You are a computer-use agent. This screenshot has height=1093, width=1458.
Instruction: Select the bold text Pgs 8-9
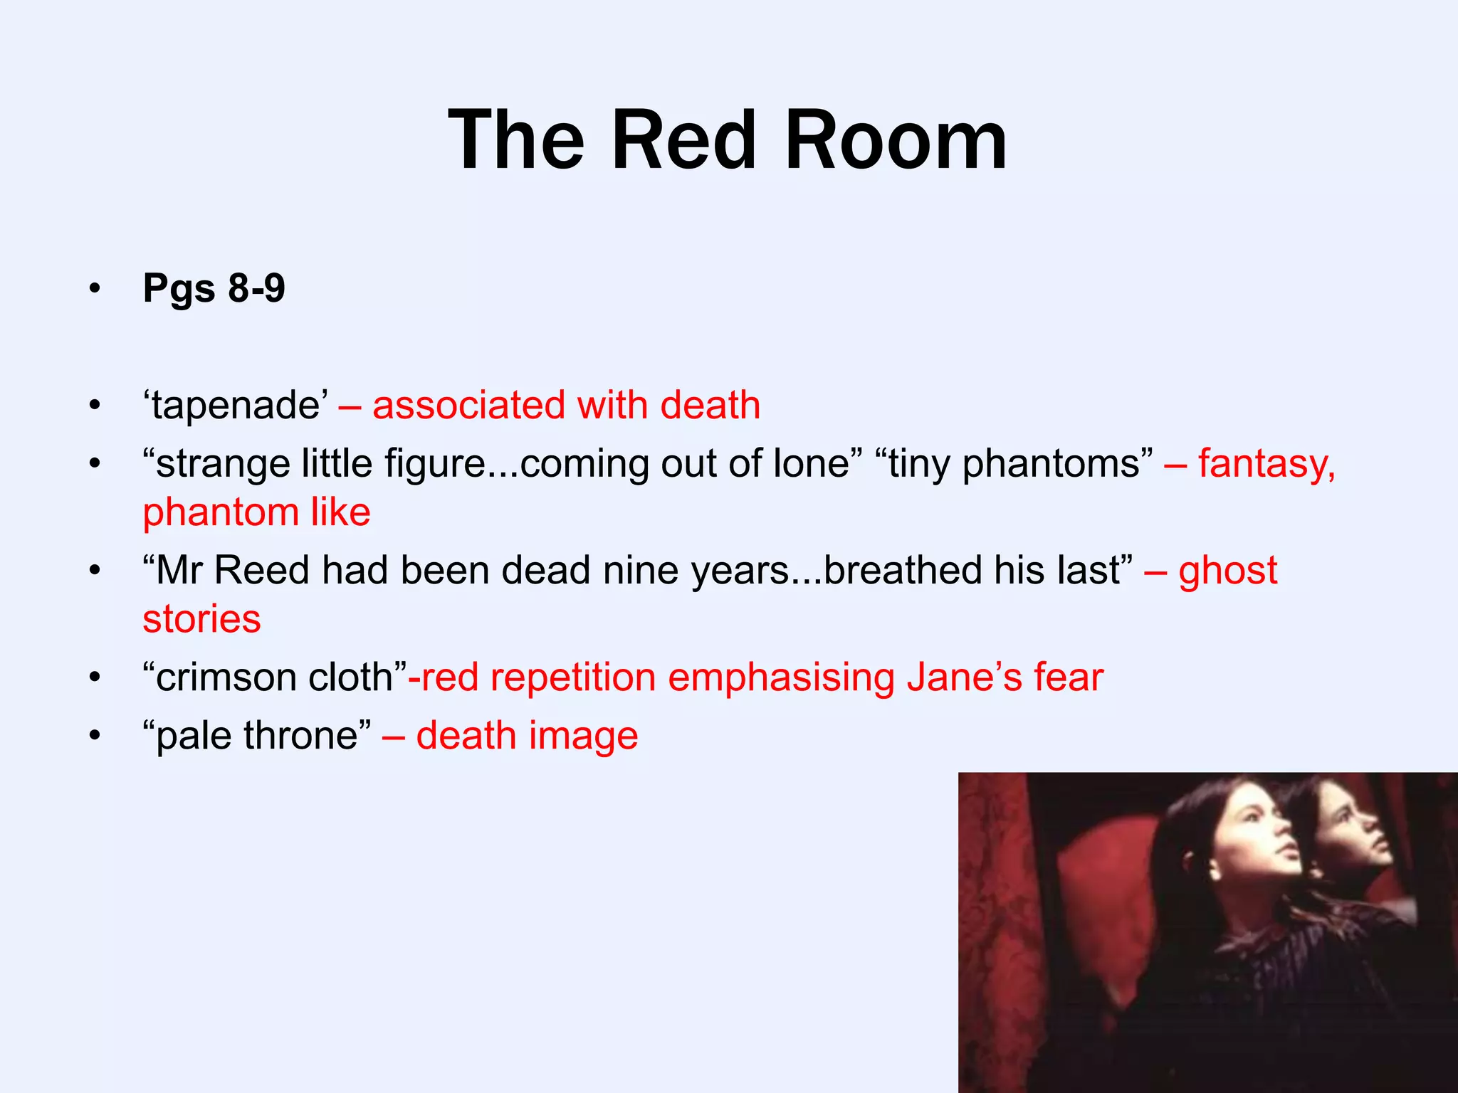(214, 288)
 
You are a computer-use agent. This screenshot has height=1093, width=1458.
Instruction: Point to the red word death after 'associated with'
(710, 406)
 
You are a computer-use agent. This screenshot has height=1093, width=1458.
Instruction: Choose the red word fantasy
(1266, 464)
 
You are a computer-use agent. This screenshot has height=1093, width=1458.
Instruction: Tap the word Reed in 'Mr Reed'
(261, 571)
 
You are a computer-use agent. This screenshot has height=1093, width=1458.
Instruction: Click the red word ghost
(1228, 571)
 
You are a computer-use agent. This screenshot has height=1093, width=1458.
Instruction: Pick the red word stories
(201, 619)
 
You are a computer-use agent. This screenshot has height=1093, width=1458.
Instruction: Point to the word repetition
(573, 677)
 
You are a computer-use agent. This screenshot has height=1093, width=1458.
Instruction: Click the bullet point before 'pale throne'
(95, 736)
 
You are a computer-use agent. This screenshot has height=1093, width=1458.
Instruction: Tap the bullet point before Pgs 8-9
(95, 289)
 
